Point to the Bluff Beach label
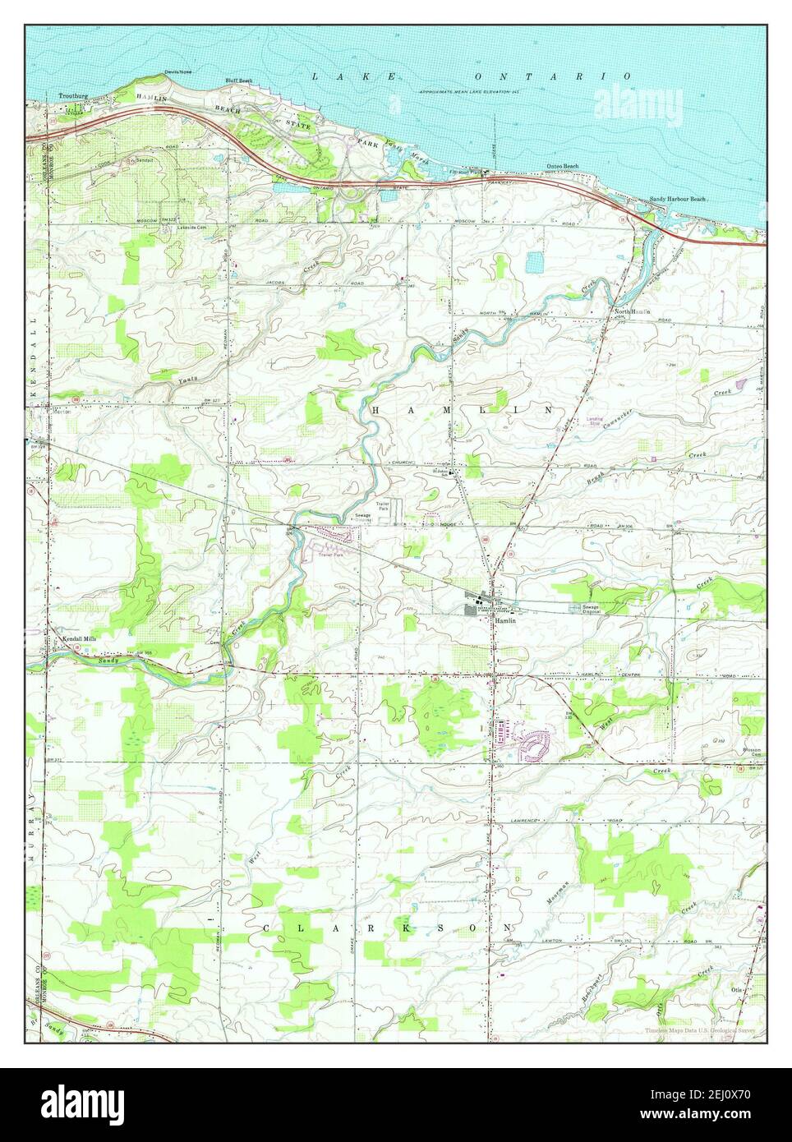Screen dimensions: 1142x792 click(239, 81)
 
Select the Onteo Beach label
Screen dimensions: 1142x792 click(563, 166)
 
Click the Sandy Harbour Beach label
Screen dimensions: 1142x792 click(678, 199)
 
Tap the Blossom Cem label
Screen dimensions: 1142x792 click(753, 753)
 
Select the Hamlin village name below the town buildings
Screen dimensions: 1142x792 click(504, 621)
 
